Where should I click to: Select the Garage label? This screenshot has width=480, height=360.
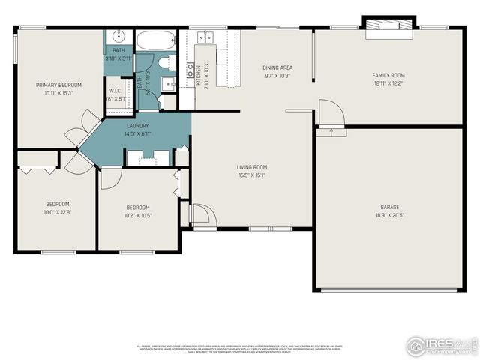[389, 207]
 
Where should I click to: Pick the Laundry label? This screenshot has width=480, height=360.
[136, 126]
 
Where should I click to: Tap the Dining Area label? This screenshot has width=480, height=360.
[277, 67]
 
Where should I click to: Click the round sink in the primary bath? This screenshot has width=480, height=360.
[118, 37]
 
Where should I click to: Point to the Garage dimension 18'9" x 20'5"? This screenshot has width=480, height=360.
[389, 216]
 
